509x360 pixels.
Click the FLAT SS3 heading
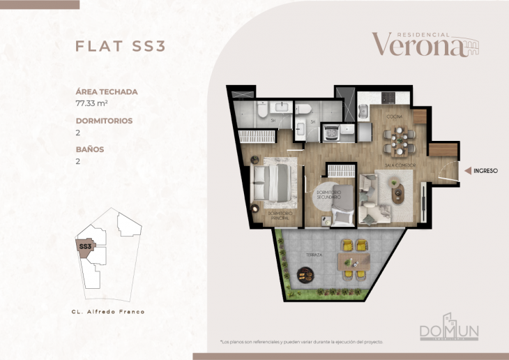click(120, 47)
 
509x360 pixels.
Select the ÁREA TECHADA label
click(107, 91)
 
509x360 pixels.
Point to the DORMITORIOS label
click(104, 121)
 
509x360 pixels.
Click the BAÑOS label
click(89, 149)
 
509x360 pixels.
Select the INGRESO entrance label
click(485, 170)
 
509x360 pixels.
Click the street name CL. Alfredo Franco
click(108, 311)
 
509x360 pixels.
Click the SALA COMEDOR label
click(401, 165)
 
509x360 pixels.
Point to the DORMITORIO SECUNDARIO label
click(328, 196)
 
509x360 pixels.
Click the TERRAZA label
click(314, 256)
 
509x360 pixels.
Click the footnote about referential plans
click(302, 343)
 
